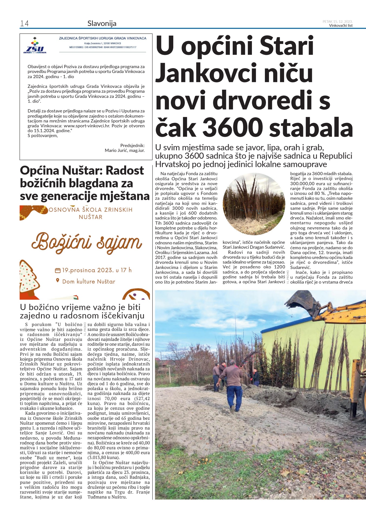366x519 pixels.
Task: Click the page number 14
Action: (24, 24)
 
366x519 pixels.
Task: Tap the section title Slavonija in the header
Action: (102, 24)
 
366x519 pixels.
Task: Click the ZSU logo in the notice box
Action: (35, 46)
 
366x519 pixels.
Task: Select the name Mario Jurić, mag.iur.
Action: (125, 150)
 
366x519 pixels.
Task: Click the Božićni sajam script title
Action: (86, 242)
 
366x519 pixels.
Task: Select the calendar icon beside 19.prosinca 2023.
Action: (58, 270)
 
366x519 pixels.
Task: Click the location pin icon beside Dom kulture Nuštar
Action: (58, 281)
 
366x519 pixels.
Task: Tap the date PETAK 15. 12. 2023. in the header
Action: (337, 21)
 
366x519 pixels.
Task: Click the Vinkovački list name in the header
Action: (341, 26)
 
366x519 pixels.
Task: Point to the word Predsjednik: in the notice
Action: (132, 145)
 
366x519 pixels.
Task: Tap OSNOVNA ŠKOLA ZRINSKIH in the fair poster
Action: (91, 210)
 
